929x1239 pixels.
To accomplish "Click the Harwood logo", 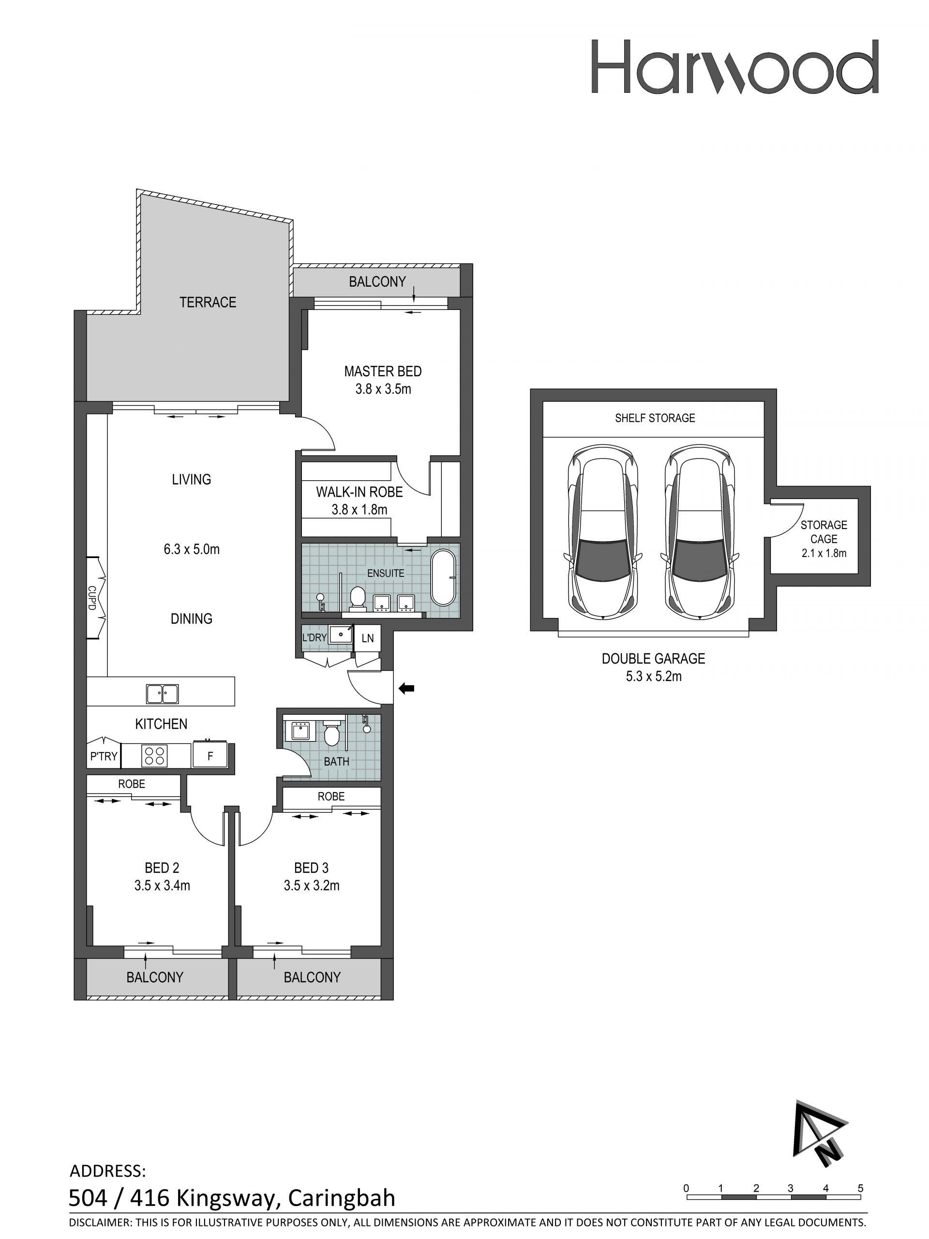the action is [734, 67].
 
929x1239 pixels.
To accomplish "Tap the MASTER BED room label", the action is [383, 371].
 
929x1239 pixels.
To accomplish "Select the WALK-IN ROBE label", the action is [359, 492].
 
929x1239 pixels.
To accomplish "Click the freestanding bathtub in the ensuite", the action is [443, 577].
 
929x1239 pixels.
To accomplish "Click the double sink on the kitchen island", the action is [162, 693].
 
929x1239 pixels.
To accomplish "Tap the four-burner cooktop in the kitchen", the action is [155, 755].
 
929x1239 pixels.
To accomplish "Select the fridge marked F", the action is [210, 755].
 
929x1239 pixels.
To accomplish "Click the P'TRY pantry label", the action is [104, 757].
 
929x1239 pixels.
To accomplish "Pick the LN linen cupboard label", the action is [368, 638].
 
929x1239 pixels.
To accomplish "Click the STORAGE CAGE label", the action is [824, 532].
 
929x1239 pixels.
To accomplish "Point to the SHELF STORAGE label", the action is [655, 418].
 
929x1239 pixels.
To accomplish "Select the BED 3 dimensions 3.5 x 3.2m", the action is [312, 885].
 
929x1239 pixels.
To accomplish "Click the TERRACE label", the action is [208, 302].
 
